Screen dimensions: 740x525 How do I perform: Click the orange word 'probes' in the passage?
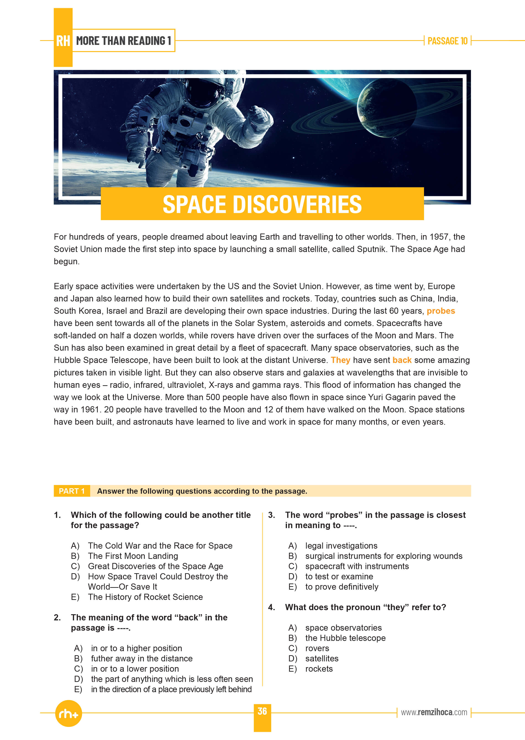click(441, 311)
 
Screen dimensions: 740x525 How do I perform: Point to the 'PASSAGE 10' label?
click(447, 41)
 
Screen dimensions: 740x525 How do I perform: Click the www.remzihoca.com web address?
click(434, 712)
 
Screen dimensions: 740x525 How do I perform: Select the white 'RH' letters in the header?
click(63, 41)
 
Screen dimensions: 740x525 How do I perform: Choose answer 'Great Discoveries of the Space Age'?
click(155, 566)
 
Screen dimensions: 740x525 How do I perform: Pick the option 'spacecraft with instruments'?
click(357, 566)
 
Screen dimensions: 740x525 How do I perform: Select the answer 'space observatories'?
click(343, 628)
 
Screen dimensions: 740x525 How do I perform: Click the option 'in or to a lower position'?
click(135, 669)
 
